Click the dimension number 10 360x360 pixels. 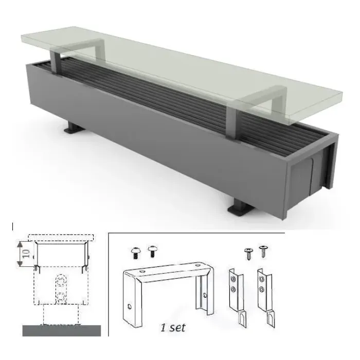[x=26, y=254]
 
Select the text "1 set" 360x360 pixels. [x=173, y=328]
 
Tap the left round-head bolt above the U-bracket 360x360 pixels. [x=136, y=253]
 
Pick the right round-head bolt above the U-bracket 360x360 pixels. [x=152, y=251]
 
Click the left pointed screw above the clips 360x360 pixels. [x=248, y=254]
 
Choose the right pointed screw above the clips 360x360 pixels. [x=263, y=251]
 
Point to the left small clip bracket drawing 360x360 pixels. [x=238, y=298]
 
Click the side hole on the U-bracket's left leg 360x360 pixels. [x=130, y=307]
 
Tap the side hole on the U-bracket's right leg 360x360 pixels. [x=205, y=296]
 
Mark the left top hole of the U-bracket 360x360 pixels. [x=142, y=272]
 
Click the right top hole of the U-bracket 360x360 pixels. [x=198, y=266]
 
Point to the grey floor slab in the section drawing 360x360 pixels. [x=62, y=331]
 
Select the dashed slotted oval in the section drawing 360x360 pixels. [x=61, y=289]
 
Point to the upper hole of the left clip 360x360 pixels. [x=233, y=279]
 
